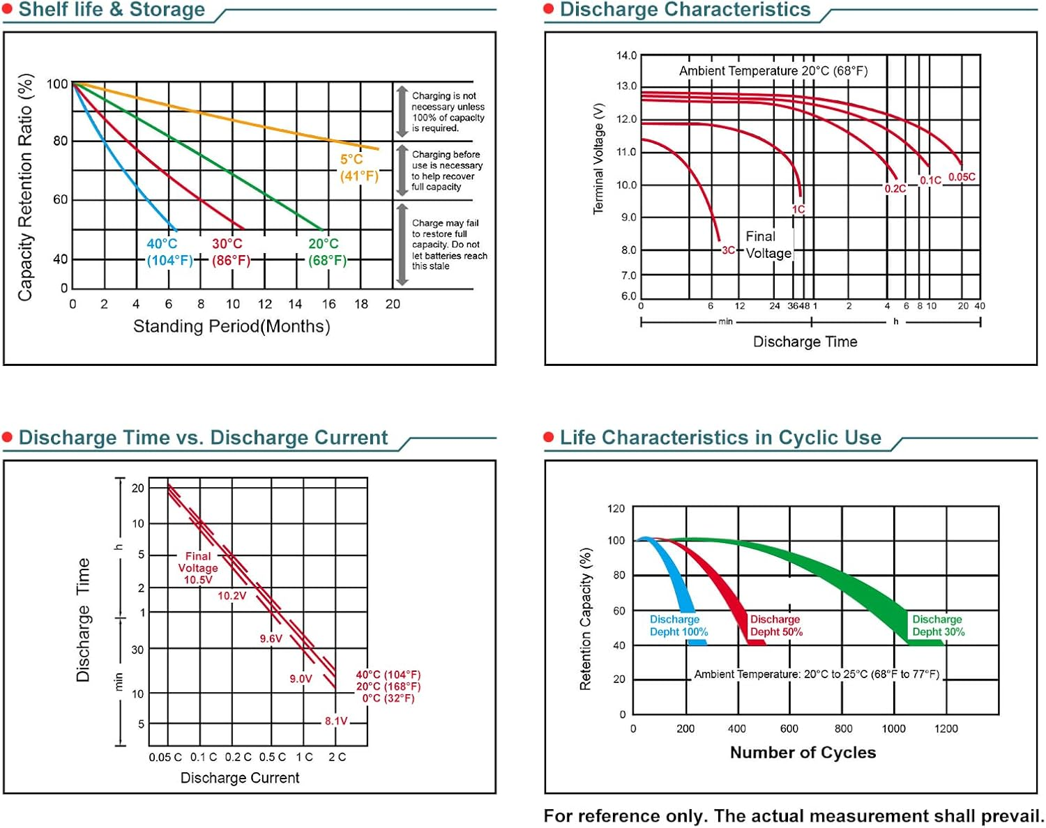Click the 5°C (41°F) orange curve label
tap(358, 167)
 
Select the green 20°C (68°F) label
tap(326, 252)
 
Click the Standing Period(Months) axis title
tap(232, 326)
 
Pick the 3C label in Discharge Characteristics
tap(728, 250)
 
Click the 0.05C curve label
tap(962, 177)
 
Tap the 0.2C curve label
tap(895, 189)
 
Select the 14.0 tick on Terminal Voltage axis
tap(626, 55)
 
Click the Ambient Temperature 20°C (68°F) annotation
tap(773, 71)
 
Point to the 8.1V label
tap(335, 721)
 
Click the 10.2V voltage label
tap(232, 596)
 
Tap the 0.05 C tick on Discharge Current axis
tap(165, 757)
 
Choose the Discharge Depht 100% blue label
tap(679, 625)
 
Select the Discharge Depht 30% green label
tap(939, 625)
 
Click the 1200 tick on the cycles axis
tap(946, 728)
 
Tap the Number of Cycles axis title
tap(803, 753)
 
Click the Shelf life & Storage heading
tap(112, 10)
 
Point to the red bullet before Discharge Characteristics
tap(549, 9)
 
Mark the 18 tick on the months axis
tap(361, 304)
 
